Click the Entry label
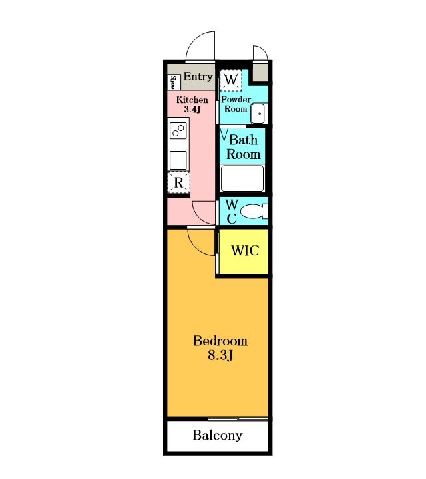coord(198,77)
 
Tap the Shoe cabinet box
coord(174,82)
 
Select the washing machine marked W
coord(231,80)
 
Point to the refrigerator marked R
coord(179,183)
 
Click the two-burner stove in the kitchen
coord(178,131)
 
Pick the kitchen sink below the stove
coord(178,160)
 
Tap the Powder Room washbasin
coord(258,114)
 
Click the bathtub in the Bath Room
coord(242,178)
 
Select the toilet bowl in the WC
coord(254,211)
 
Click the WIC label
coord(245,251)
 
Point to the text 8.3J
coord(220,355)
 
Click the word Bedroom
coord(220,341)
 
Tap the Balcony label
coord(218,435)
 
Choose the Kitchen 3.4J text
coord(192,104)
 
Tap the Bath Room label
coord(243,147)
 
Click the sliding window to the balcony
coord(238,419)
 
